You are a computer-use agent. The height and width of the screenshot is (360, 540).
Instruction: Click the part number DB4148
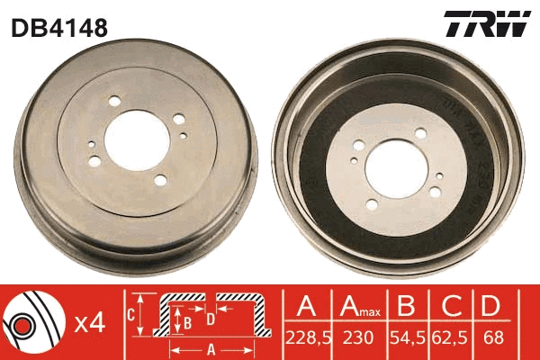point(59,29)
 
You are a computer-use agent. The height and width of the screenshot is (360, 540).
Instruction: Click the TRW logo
point(486,24)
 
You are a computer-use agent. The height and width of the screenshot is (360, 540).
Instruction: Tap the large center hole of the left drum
point(135,143)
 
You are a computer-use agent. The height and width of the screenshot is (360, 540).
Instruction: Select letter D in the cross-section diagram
point(209,317)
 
